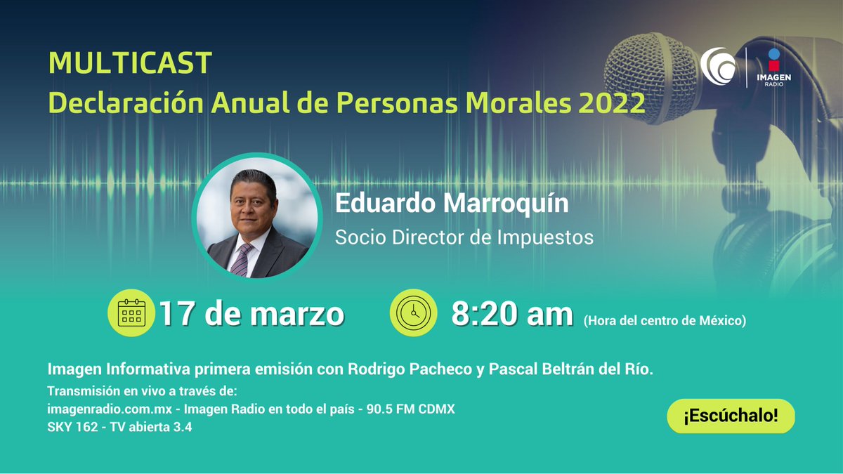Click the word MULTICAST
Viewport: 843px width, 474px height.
click(x=130, y=64)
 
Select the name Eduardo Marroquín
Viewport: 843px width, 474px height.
click(x=451, y=204)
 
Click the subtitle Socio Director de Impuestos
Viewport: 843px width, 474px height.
click(x=464, y=237)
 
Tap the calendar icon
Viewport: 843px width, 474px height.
click(x=131, y=313)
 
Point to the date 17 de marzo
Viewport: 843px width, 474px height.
click(x=251, y=314)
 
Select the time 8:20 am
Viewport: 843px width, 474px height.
click(x=512, y=314)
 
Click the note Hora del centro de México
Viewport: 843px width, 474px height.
click(x=664, y=321)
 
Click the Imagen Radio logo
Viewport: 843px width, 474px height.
click(x=773, y=67)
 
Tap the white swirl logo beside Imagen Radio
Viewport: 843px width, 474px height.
click(x=718, y=67)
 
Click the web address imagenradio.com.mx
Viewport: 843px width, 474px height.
click(x=111, y=409)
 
